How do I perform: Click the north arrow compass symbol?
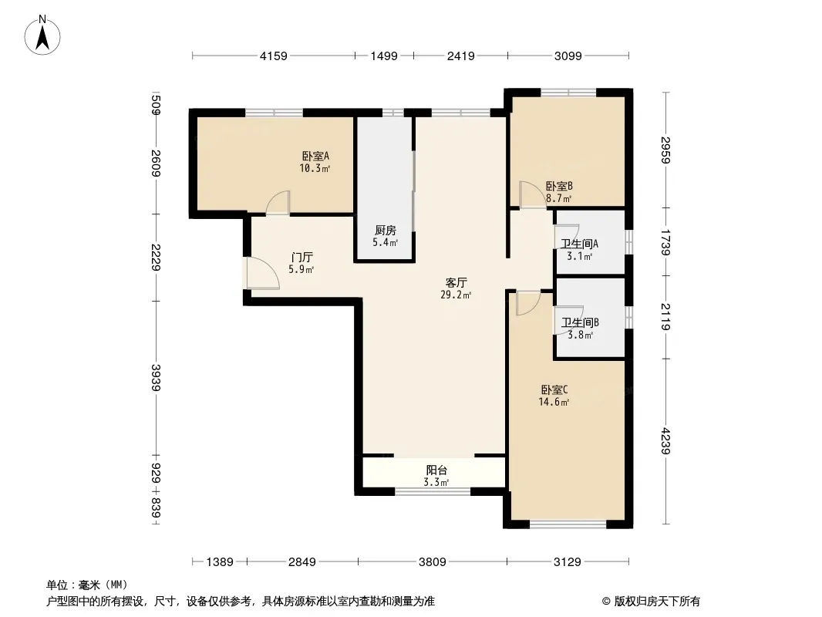(42, 35)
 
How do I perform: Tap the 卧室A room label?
(315, 157)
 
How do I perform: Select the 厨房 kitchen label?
(386, 230)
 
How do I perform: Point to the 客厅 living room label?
(456, 282)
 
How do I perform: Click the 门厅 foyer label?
(302, 258)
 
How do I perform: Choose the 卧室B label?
(559, 186)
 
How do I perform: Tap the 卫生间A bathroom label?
(580, 244)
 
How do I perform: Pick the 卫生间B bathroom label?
(581, 322)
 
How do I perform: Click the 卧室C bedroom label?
(554, 390)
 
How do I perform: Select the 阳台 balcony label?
(436, 470)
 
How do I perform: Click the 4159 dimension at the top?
(274, 56)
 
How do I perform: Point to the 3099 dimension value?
(568, 56)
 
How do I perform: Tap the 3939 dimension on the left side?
(155, 377)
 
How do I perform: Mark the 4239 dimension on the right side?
(665, 441)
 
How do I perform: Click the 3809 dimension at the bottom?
(433, 562)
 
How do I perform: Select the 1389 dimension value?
(220, 562)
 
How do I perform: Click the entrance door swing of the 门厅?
(263, 273)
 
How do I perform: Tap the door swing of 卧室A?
(278, 203)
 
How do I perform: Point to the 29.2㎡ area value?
(456, 295)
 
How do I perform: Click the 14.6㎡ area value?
(554, 403)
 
